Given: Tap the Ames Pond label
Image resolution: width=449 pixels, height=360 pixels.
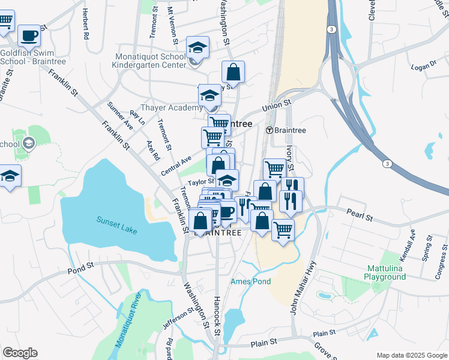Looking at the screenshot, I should click(x=251, y=281).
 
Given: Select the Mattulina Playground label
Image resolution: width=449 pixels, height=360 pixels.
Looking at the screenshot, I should click(x=385, y=272).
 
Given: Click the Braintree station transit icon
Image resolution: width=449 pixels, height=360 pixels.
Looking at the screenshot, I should click(x=270, y=130).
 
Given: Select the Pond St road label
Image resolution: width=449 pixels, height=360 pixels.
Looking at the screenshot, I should click(x=82, y=265).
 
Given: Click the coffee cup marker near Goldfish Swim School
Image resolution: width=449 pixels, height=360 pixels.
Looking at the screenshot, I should click(x=29, y=36).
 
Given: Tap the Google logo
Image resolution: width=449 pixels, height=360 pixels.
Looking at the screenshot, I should click(x=20, y=353).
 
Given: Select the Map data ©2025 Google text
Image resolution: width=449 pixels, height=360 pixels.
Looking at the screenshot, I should click(x=411, y=355).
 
